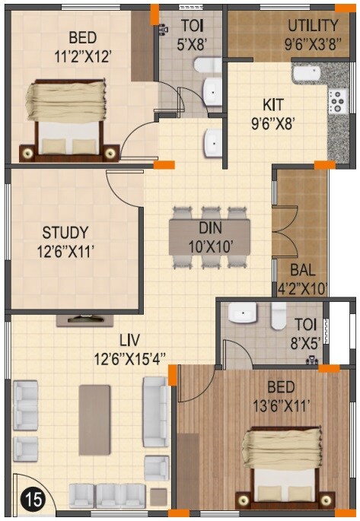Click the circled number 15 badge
pyautogui.click(x=31, y=500)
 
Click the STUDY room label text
pyautogui.click(x=65, y=240)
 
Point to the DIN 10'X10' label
pyautogui.click(x=209, y=237)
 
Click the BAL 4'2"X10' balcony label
pyautogui.click(x=307, y=279)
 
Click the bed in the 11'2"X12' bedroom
pyautogui.click(x=64, y=118)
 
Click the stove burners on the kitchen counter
pyautogui.click(x=336, y=99)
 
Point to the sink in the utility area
pyautogui.click(x=307, y=75)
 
